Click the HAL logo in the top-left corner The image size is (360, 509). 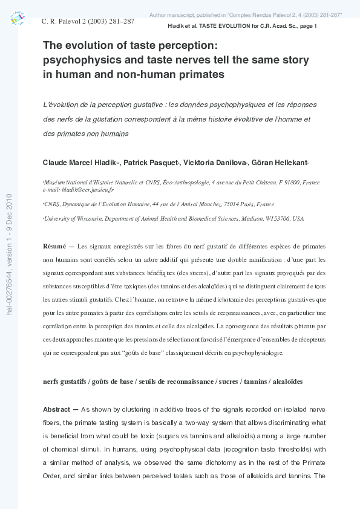(x=18, y=19)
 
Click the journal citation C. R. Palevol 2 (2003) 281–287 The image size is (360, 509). (x=87, y=21)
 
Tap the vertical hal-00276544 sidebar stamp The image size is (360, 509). (x=8, y=254)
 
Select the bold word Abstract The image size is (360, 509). (x=59, y=409)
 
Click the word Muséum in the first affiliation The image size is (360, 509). (x=56, y=182)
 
